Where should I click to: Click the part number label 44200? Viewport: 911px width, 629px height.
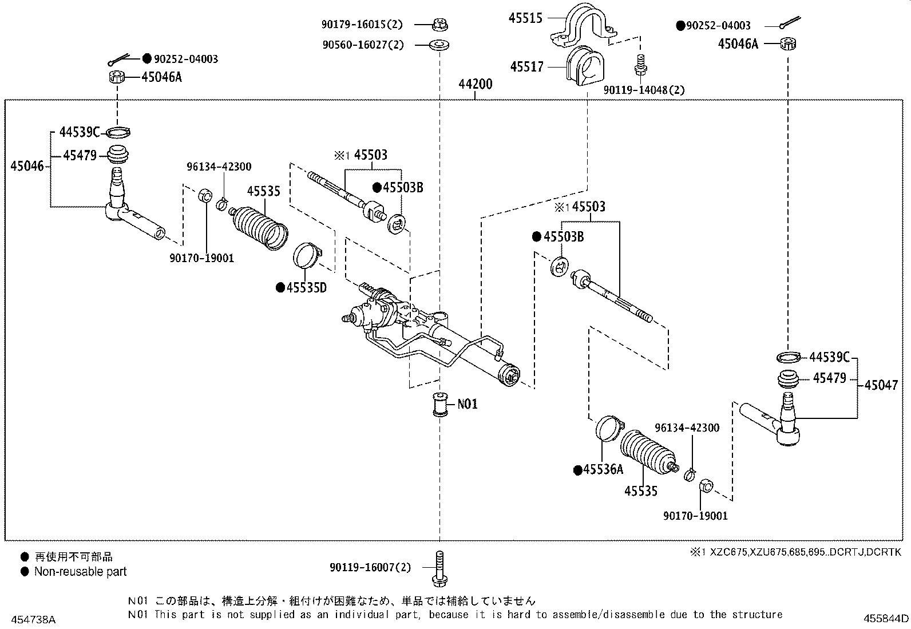tap(475, 85)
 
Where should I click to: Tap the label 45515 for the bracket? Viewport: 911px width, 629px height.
tap(525, 18)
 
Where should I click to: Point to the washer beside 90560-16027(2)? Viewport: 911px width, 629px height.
tap(439, 44)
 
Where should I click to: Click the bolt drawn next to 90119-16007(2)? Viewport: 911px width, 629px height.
tap(438, 568)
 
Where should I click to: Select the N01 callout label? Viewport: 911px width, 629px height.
tap(467, 404)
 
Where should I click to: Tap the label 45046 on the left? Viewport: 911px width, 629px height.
tap(27, 167)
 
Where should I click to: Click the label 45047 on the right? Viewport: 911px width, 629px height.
tap(881, 385)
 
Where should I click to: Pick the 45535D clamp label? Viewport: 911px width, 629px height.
tap(306, 287)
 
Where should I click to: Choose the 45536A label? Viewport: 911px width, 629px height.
tap(603, 469)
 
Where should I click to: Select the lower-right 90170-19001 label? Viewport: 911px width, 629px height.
tap(695, 516)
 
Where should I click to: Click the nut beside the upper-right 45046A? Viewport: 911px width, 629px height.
tap(789, 43)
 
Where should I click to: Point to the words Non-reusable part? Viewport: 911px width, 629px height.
tap(80, 571)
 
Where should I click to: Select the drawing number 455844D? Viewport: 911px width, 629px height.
tap(886, 618)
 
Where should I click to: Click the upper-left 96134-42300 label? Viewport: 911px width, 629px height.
tap(219, 167)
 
